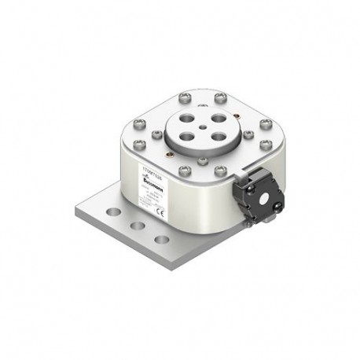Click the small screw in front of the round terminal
(203, 160)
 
